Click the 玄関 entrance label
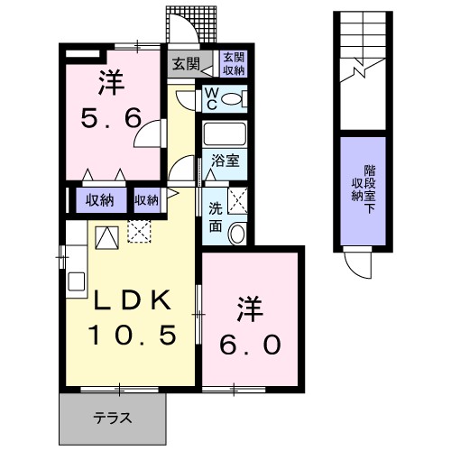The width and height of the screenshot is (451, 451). [x=185, y=64]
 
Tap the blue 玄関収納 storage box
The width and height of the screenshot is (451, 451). [x=233, y=65]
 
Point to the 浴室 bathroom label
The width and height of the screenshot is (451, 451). [x=225, y=161]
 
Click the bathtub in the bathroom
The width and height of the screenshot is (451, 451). [x=225, y=135]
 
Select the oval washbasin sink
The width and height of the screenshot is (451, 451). [x=237, y=233]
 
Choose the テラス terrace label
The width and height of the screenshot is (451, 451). [x=113, y=418]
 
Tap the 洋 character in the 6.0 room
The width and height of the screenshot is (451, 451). [x=252, y=308]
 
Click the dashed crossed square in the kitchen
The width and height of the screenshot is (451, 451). [x=141, y=232]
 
